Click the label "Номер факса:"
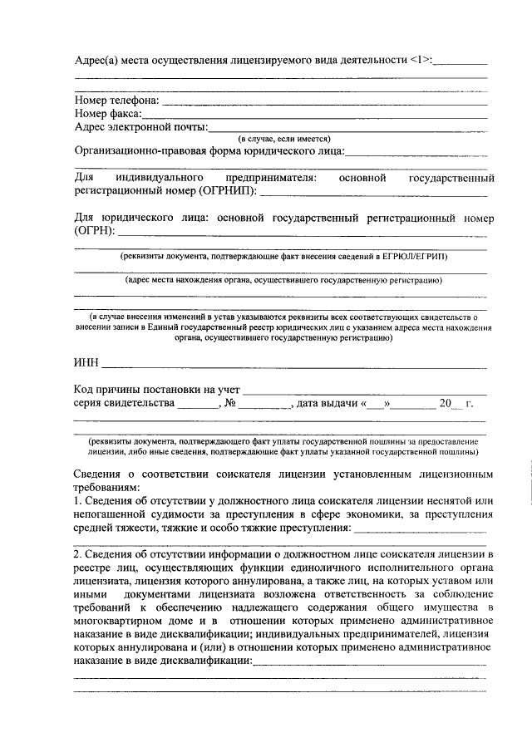coord(107,114)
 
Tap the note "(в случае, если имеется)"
coord(284,139)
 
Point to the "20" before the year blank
coord(446,404)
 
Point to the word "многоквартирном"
coord(121,620)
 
